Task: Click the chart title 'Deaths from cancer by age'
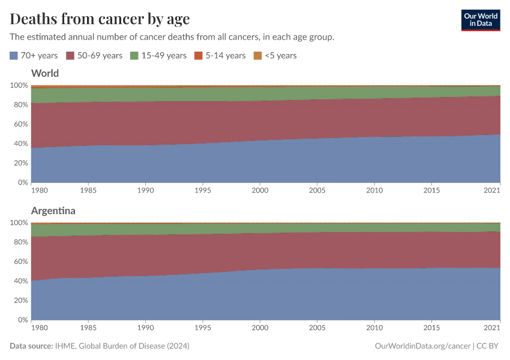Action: pos(100,19)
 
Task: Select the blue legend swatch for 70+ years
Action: pos(14,56)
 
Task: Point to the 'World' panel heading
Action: pos(45,74)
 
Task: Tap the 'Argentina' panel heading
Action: pos(53,211)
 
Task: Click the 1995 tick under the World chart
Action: pos(203,190)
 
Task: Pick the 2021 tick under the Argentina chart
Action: pos(492,328)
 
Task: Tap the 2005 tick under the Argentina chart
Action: pos(317,328)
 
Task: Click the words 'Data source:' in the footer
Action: pos(31,346)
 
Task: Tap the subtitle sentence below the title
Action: pos(172,37)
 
